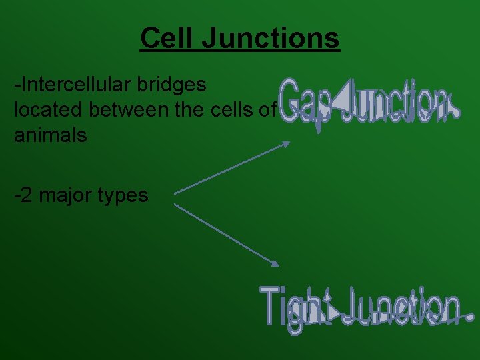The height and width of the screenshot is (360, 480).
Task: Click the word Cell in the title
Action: pyautogui.click(x=166, y=38)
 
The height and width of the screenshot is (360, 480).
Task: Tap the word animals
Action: pyautogui.click(x=50, y=135)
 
